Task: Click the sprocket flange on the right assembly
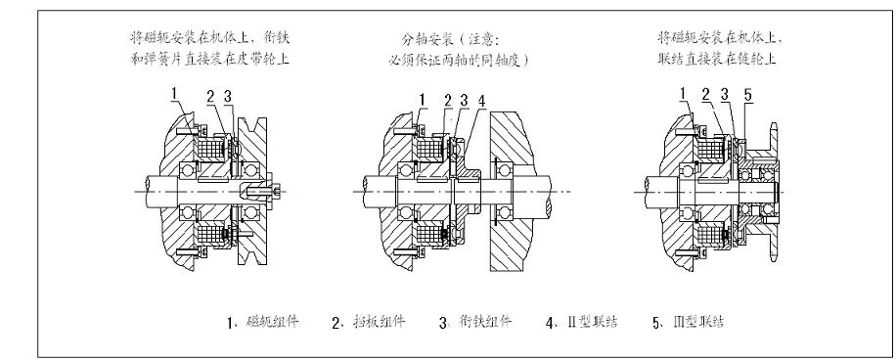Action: pyautogui.click(x=773, y=186)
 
